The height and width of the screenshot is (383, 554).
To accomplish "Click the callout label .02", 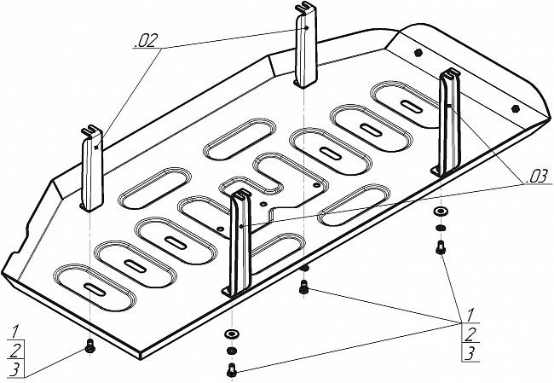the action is [145, 41].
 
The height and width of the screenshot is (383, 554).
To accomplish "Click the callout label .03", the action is [537, 176].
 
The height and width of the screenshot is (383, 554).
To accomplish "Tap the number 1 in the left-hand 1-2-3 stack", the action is [15, 332].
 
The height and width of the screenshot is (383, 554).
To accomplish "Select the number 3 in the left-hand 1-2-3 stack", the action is [14, 369].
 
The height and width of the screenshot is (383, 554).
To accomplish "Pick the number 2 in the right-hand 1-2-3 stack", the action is [470, 334].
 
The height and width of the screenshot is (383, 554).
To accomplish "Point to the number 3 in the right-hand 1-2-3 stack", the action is [470, 354].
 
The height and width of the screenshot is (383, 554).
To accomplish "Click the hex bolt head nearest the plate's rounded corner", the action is [515, 108].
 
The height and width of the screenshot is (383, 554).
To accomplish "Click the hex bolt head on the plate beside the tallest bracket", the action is [418, 52].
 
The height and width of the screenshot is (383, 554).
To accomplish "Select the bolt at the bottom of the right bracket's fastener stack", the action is [441, 247].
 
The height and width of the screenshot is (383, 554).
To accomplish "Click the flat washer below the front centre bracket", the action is [231, 334].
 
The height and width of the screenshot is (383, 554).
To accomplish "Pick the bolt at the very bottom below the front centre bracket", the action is [232, 369].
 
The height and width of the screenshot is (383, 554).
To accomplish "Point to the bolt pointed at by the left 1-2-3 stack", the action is [90, 345].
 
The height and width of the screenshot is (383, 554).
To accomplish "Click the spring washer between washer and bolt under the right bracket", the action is [441, 228].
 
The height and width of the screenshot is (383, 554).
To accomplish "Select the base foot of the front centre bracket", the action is [228, 292].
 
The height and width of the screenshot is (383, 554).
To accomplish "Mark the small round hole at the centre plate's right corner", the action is [316, 185].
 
